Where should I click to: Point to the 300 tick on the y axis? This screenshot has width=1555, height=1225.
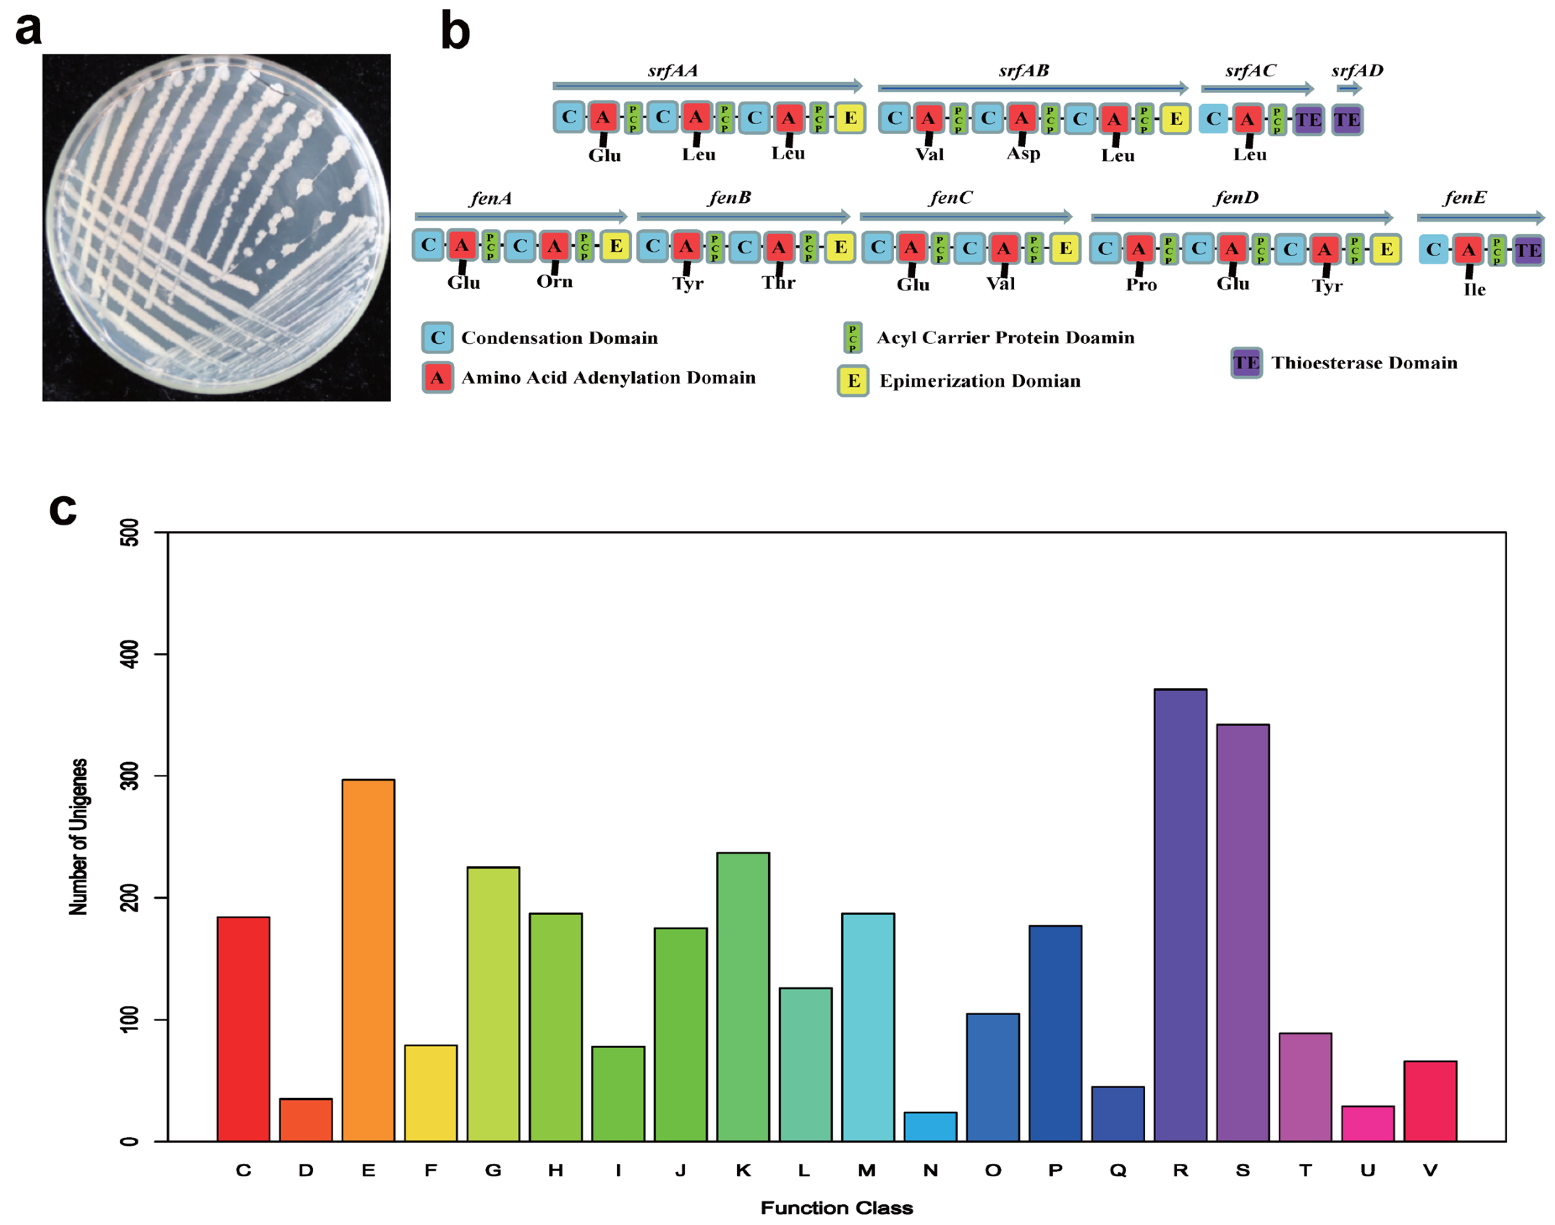(130, 776)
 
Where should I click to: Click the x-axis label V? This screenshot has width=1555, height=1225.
(1430, 1170)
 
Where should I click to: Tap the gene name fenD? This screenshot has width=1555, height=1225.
(1236, 197)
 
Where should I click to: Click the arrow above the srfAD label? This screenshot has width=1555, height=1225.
(1349, 88)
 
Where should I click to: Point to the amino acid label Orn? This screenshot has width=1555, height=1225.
(555, 281)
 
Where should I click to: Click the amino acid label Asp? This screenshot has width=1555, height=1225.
(1023, 153)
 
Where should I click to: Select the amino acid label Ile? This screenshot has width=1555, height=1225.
(1475, 289)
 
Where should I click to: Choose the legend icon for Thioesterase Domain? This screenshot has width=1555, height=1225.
(1246, 363)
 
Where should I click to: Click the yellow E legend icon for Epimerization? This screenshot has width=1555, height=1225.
(853, 380)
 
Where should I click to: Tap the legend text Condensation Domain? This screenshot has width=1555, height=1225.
(559, 338)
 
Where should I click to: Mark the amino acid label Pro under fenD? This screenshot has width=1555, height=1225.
(1141, 285)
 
